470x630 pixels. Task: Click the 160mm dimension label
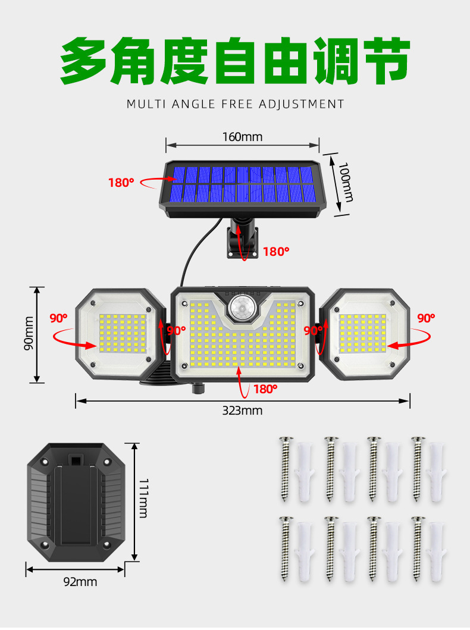pyautogui.click(x=242, y=137)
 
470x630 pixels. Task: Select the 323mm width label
pyautogui.click(x=243, y=410)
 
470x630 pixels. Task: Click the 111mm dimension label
pyautogui.click(x=143, y=498)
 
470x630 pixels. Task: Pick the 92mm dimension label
pyautogui.click(x=80, y=582)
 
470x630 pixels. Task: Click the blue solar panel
pyautogui.click(x=243, y=183)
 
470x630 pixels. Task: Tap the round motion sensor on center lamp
pyautogui.click(x=241, y=309)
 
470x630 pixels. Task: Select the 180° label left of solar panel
pyautogui.click(x=121, y=183)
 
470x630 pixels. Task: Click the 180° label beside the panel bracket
pyautogui.click(x=276, y=252)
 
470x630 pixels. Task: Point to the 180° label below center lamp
pyautogui.click(x=265, y=389)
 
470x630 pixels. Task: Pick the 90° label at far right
pyautogui.click(x=425, y=318)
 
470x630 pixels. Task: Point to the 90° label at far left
pyautogui.click(x=58, y=318)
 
